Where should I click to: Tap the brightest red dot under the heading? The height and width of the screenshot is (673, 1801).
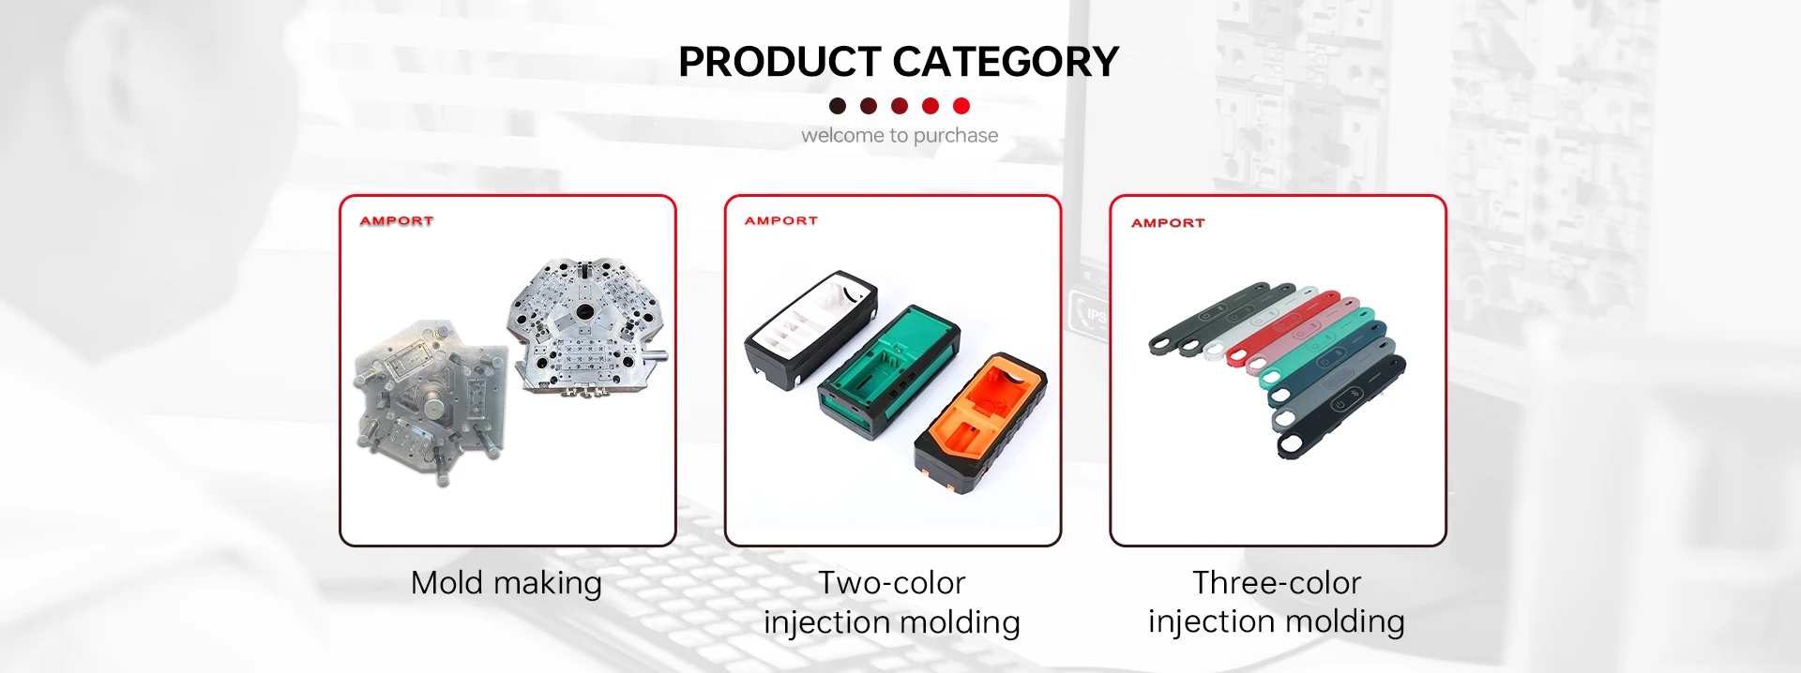(x=961, y=106)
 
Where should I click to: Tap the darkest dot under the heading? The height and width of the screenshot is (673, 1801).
(x=838, y=106)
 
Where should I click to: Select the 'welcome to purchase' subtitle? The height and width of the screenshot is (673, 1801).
(x=900, y=135)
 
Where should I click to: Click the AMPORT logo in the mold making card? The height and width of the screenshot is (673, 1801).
(x=397, y=221)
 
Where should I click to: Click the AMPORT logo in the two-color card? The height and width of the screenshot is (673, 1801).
(x=781, y=221)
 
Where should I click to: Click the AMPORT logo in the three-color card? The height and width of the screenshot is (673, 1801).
(x=1168, y=223)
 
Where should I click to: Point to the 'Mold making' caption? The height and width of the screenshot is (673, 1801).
(x=507, y=583)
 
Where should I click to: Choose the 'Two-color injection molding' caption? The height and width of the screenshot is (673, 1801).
(x=892, y=602)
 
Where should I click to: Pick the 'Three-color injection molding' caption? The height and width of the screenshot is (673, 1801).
(x=1277, y=602)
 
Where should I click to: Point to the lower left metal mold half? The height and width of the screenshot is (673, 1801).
(x=429, y=399)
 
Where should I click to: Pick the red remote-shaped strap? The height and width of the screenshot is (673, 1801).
(x=1283, y=328)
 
